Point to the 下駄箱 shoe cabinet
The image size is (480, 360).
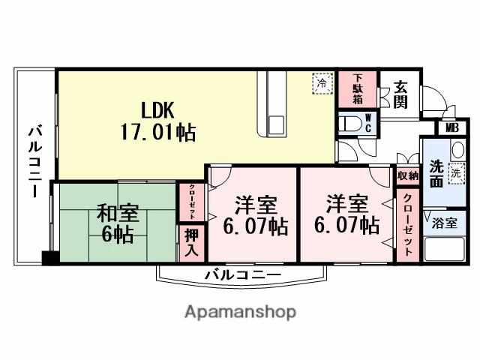pos(358,89)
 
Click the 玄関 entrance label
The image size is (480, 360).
pos(400,94)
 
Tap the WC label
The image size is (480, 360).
pos(368,122)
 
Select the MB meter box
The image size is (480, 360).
pos(451,127)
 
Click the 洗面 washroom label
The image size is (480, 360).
pos(436,174)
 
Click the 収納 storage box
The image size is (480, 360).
pos(408,176)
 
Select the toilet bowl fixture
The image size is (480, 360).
pos(349,122)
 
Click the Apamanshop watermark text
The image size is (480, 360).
pos(240,311)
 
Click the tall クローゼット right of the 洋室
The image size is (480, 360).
pos(407,224)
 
